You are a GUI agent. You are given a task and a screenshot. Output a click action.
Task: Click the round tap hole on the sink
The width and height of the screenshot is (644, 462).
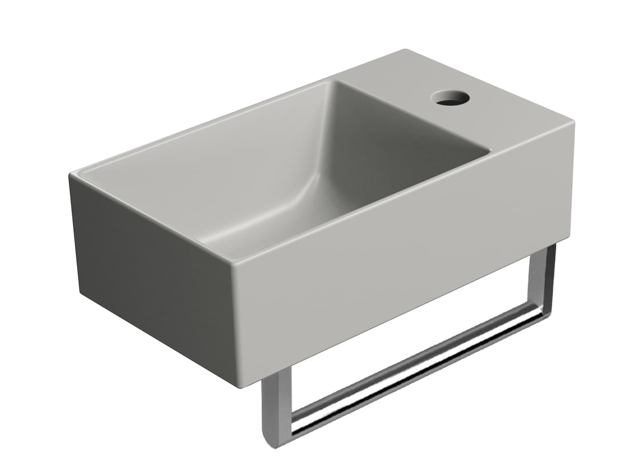pos(450,98)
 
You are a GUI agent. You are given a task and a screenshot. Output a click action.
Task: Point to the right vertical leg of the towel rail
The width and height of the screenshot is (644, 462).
pos(540,280)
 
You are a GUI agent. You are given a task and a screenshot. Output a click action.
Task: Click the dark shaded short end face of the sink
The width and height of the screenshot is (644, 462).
pos(151,280)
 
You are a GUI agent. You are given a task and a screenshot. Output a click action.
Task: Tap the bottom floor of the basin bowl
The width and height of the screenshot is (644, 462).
pos(291,218)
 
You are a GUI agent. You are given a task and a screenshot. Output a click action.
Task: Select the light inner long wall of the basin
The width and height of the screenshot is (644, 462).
pos(208,156)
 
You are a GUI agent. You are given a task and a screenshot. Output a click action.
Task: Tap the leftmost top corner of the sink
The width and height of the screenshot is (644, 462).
pos(71,175)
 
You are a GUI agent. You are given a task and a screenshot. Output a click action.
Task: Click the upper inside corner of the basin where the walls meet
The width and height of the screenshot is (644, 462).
pos(331,83)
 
